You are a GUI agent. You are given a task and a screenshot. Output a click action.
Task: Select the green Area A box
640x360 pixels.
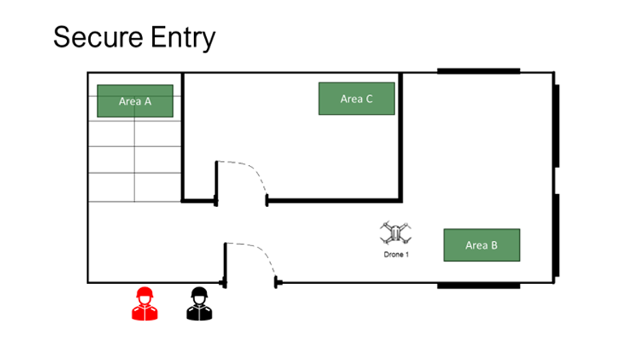click(x=135, y=101)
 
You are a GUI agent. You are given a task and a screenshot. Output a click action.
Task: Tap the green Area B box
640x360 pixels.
click(x=481, y=245)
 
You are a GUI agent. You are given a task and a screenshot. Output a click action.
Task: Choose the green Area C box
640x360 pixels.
click(x=356, y=99)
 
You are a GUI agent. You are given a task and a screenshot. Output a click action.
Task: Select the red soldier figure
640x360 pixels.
click(x=145, y=304)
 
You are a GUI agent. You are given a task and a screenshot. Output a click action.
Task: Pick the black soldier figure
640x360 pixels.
click(x=200, y=304)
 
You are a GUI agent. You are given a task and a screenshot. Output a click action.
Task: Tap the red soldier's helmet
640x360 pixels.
click(x=145, y=293)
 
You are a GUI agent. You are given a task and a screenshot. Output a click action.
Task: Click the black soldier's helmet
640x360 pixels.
click(x=200, y=293)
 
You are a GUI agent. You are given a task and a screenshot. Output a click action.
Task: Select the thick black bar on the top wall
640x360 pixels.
click(x=478, y=71)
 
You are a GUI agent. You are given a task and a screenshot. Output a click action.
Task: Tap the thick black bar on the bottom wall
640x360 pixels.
click(x=478, y=285)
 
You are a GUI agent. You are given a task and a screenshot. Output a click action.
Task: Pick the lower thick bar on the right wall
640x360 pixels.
click(x=557, y=235)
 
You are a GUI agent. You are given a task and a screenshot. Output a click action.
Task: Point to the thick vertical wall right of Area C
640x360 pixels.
click(x=401, y=135)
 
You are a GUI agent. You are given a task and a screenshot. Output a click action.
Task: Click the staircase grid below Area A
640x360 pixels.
click(x=134, y=159)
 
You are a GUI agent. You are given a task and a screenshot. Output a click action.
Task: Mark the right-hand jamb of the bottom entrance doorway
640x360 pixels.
click(x=277, y=284)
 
